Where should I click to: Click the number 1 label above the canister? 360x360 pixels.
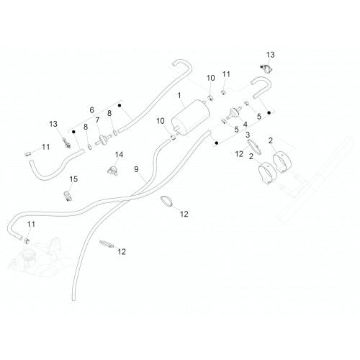pos(179,96)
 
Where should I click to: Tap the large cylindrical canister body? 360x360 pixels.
pos(190,117)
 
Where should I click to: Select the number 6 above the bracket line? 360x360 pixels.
pos(91,110)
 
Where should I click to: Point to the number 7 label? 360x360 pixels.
pos(97,120)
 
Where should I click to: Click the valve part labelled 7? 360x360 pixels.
pos(104,140)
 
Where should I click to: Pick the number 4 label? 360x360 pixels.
pos(245,125)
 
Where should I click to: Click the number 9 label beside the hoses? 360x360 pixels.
pos(136,169)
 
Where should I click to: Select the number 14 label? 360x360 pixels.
pos(119,155)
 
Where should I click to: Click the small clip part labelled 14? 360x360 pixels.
pos(112,170)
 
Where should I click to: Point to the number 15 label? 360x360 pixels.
pos(73,179)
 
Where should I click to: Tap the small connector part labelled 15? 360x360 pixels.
pos(68,196)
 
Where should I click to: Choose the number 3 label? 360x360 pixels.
pos(248,135)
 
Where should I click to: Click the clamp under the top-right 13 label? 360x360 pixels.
pos(266,68)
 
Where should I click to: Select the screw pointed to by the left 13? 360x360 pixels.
pos(66,143)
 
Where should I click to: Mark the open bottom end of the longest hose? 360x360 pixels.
pos(73,299)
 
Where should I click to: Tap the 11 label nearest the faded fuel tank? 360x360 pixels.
pos(31,224)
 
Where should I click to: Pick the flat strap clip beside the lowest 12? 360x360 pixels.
pos(107,244)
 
